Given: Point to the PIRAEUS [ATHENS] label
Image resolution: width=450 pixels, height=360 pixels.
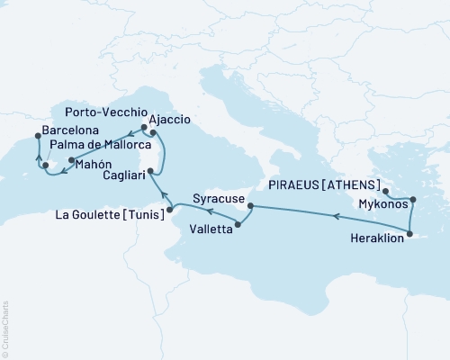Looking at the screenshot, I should (326, 184).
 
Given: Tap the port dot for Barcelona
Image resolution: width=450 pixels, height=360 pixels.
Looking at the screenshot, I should (37, 136).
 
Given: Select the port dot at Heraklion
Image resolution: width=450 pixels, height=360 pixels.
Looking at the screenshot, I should (409, 236).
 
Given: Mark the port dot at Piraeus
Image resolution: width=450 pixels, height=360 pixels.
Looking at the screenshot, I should (384, 192).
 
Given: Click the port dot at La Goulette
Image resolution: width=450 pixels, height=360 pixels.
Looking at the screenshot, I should (171, 210).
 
